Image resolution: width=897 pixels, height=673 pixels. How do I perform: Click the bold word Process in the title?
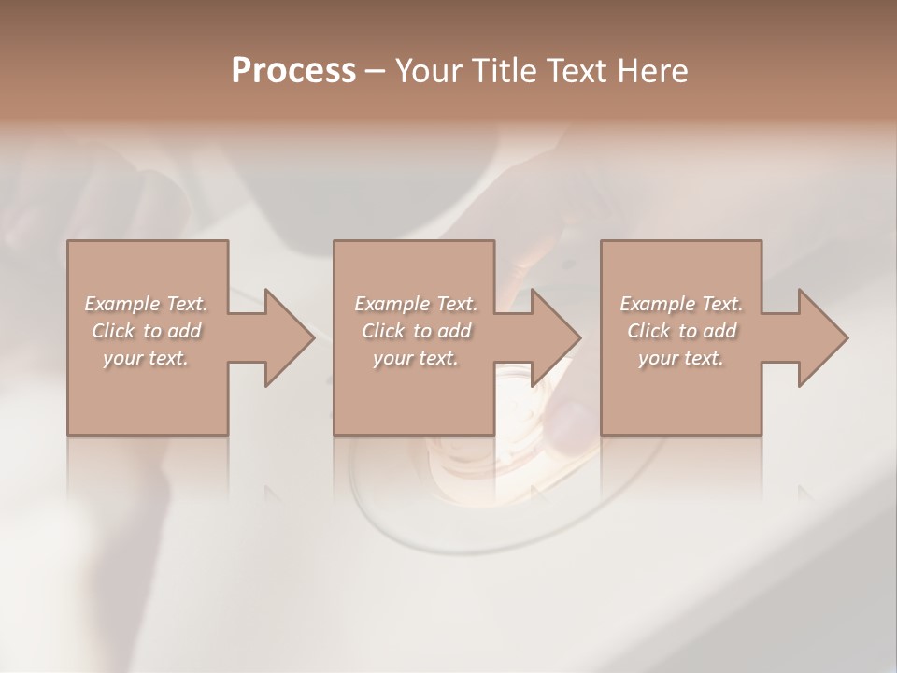point(293,71)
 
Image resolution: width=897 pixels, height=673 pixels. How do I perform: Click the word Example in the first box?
point(121,304)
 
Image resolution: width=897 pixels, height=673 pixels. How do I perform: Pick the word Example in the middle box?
point(391,304)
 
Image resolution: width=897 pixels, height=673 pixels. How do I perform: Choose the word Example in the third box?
point(657,304)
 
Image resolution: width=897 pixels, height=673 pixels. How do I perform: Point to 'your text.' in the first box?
point(146,358)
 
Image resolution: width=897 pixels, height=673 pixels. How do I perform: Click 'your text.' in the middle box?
point(415,358)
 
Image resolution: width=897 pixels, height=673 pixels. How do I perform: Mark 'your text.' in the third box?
point(681,358)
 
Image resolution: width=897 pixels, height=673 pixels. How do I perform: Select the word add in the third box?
point(720,331)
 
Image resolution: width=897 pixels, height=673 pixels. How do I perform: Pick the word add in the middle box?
point(454,331)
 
